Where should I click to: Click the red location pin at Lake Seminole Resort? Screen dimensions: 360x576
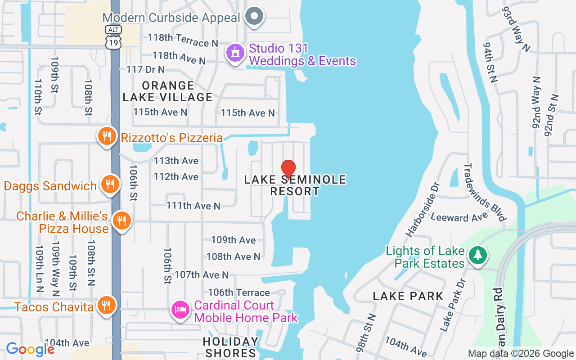click(288, 169)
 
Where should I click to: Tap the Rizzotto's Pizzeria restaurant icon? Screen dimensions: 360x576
click(107, 135)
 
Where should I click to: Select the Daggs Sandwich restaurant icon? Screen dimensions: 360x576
click(110, 184)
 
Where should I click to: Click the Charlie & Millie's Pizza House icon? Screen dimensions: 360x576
click(121, 220)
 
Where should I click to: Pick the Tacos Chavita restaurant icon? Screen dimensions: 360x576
click(106, 306)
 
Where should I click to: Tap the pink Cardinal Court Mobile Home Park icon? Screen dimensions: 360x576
click(180, 310)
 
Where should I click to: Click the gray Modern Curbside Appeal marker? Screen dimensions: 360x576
click(254, 17)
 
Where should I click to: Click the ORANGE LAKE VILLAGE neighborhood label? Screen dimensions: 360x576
click(167, 91)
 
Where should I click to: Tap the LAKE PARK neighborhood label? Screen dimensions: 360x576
click(408, 296)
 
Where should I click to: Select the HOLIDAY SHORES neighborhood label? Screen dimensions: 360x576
click(230, 347)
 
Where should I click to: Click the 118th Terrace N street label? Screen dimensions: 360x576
click(183, 40)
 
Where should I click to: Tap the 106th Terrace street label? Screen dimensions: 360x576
click(239, 293)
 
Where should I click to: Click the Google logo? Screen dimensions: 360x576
click(30, 349)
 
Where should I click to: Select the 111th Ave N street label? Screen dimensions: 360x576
click(193, 206)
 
